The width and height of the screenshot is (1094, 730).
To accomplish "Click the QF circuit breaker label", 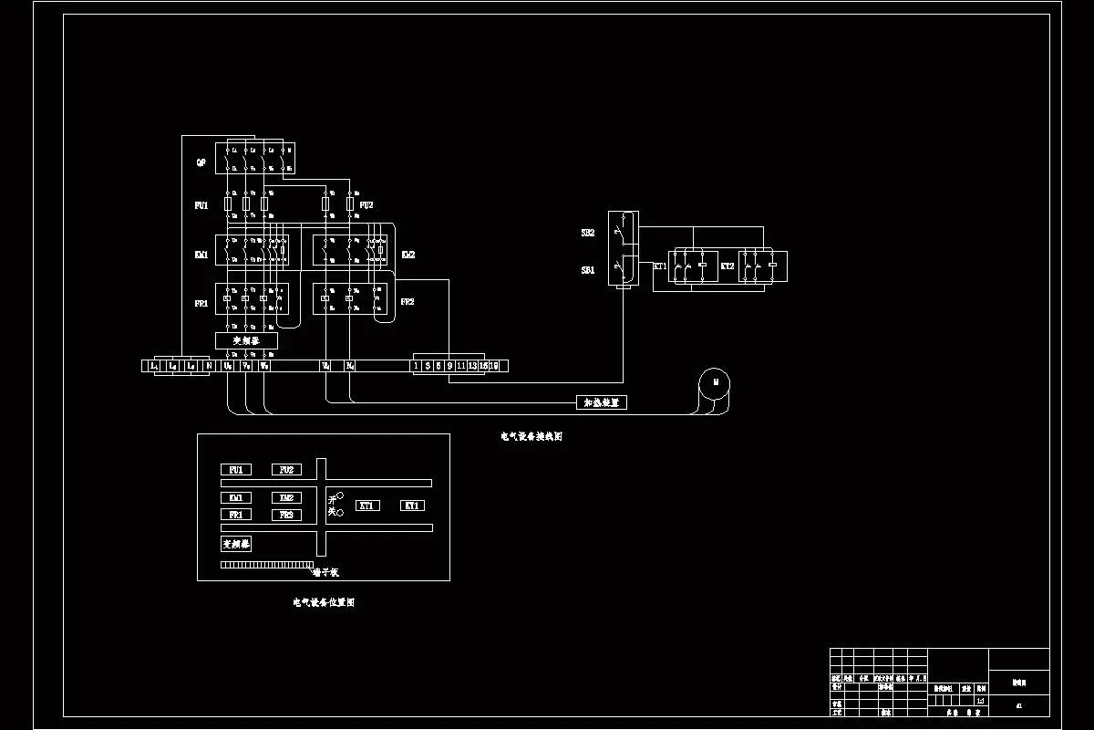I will click(201, 162).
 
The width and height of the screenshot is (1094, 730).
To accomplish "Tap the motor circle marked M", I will click(716, 382).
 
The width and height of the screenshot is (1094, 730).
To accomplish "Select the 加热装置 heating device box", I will click(602, 402).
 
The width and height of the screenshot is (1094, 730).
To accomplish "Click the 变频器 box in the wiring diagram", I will click(246, 339).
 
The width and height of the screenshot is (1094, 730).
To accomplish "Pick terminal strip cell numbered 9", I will click(449, 366).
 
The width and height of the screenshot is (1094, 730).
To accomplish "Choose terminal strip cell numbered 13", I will click(472, 366).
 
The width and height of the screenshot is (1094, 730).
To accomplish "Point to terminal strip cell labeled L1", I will click(154, 366).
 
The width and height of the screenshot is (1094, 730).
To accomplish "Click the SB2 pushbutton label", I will click(588, 234).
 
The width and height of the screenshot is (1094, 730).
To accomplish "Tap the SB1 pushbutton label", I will click(588, 271).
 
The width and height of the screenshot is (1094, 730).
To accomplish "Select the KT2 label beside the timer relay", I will click(727, 266).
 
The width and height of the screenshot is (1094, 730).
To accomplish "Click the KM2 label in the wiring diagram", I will click(408, 255).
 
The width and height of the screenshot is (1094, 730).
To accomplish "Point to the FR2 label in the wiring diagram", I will click(408, 301).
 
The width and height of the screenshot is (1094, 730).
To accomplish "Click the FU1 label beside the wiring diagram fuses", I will click(201, 206).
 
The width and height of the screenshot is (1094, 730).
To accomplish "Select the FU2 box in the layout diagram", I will click(286, 470).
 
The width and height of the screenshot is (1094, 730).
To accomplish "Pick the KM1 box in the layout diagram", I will click(235, 498).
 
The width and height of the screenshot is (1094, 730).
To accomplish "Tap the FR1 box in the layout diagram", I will click(235, 515).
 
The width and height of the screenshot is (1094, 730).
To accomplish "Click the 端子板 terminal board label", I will click(325, 573).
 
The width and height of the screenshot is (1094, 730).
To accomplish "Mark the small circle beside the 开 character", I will click(340, 496).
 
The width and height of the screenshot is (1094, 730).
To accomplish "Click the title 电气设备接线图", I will click(532, 437).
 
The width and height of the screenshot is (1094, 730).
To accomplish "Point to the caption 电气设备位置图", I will click(324, 603).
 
